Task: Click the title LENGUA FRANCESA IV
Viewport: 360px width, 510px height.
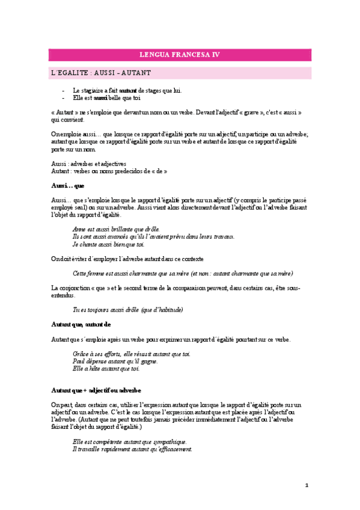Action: point(180,55)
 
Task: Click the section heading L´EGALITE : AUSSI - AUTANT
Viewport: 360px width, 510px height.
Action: point(100,73)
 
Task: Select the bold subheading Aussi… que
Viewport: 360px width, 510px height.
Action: point(68,185)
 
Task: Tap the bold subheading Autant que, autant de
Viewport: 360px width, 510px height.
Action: point(81,324)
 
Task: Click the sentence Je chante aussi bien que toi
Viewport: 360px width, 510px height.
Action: point(108,244)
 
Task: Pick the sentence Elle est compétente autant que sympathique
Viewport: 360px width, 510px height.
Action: point(129,441)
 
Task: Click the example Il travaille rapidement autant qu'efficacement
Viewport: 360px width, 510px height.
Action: point(132,449)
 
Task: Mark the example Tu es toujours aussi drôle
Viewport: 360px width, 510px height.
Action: point(127,310)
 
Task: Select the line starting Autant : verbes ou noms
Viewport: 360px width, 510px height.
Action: point(109,171)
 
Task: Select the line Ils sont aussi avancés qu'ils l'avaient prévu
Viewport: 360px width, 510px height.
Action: point(153,236)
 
